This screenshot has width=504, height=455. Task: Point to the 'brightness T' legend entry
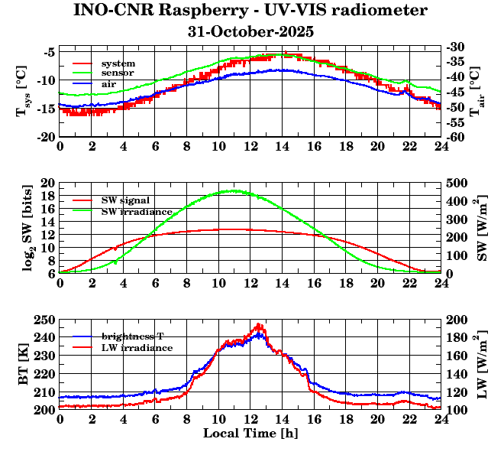133,336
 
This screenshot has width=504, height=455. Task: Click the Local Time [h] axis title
250,434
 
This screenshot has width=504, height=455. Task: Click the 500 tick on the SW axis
457,184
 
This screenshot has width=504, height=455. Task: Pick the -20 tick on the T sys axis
44,137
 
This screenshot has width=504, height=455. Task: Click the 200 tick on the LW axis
457,320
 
